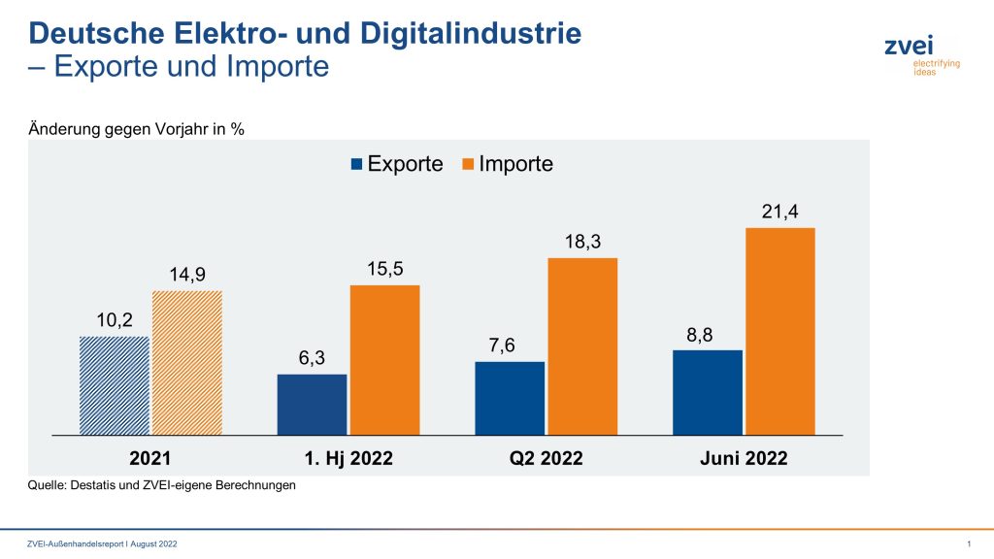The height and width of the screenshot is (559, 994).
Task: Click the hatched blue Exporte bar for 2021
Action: point(115,385)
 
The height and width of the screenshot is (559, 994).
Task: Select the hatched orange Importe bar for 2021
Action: point(187,363)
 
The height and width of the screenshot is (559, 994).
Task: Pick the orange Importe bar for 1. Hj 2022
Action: point(385,360)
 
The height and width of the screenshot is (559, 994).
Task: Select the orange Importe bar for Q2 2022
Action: point(582,346)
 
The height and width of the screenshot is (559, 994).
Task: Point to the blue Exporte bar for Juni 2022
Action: point(708,392)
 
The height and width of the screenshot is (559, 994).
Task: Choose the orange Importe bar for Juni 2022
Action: point(780,331)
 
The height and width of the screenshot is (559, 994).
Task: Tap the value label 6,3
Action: point(312,358)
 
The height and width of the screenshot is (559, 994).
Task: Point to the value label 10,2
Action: point(115,320)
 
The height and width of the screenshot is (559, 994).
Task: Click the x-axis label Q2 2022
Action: point(546,458)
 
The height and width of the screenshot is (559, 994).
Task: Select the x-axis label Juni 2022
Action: point(744,458)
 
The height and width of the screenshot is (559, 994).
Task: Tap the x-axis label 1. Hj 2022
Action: point(348,458)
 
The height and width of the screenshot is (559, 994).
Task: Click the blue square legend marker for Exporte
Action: point(356,164)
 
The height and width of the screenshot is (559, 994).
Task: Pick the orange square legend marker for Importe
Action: point(467,164)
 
